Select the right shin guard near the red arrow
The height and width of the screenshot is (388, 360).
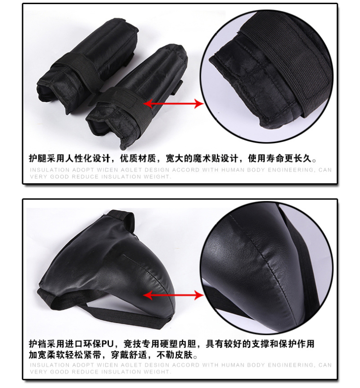coord(136,96)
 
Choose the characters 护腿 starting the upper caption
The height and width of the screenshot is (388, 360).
coord(38,158)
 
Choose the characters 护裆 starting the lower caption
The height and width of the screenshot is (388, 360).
coord(38,343)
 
